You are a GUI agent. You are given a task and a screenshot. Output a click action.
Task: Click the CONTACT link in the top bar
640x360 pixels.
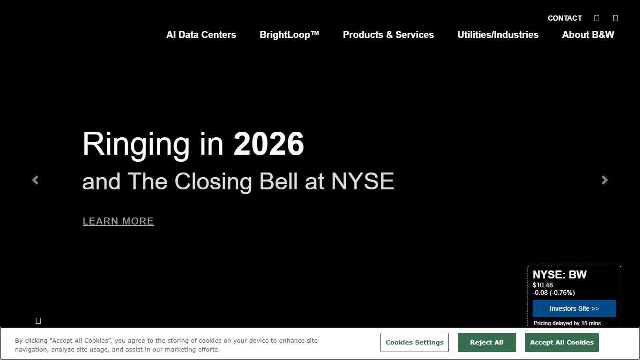tap(565, 18)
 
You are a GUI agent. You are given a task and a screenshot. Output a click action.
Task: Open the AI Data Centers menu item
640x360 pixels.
tap(201, 35)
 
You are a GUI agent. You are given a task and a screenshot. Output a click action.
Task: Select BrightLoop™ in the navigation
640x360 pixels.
tap(289, 35)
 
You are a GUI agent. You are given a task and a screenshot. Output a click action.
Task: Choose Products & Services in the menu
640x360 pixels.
tap(388, 35)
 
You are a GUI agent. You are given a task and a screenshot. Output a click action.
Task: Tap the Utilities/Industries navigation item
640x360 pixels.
tap(498, 35)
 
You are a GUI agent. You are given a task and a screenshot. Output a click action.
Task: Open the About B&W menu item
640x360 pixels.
tap(588, 35)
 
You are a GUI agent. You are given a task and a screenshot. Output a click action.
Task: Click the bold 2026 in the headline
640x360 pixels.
tap(268, 143)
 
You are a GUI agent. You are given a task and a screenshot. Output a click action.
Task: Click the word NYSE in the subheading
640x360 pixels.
tap(363, 181)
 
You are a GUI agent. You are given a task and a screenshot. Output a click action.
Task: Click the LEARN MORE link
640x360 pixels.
tap(118, 221)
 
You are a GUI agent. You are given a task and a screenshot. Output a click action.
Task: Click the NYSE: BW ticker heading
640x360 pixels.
tap(559, 275)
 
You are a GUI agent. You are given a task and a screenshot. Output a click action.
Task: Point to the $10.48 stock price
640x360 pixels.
tap(543, 285)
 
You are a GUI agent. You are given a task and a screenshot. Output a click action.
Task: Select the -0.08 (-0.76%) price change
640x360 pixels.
tap(554, 292)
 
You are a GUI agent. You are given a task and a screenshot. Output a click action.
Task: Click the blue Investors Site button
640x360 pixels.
tap(574, 308)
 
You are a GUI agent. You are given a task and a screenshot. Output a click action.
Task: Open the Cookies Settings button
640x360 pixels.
tap(415, 342)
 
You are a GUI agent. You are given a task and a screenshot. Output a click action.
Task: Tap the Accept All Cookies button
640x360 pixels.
tap(562, 342)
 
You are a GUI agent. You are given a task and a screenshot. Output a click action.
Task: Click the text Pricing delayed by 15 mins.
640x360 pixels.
tap(568, 323)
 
